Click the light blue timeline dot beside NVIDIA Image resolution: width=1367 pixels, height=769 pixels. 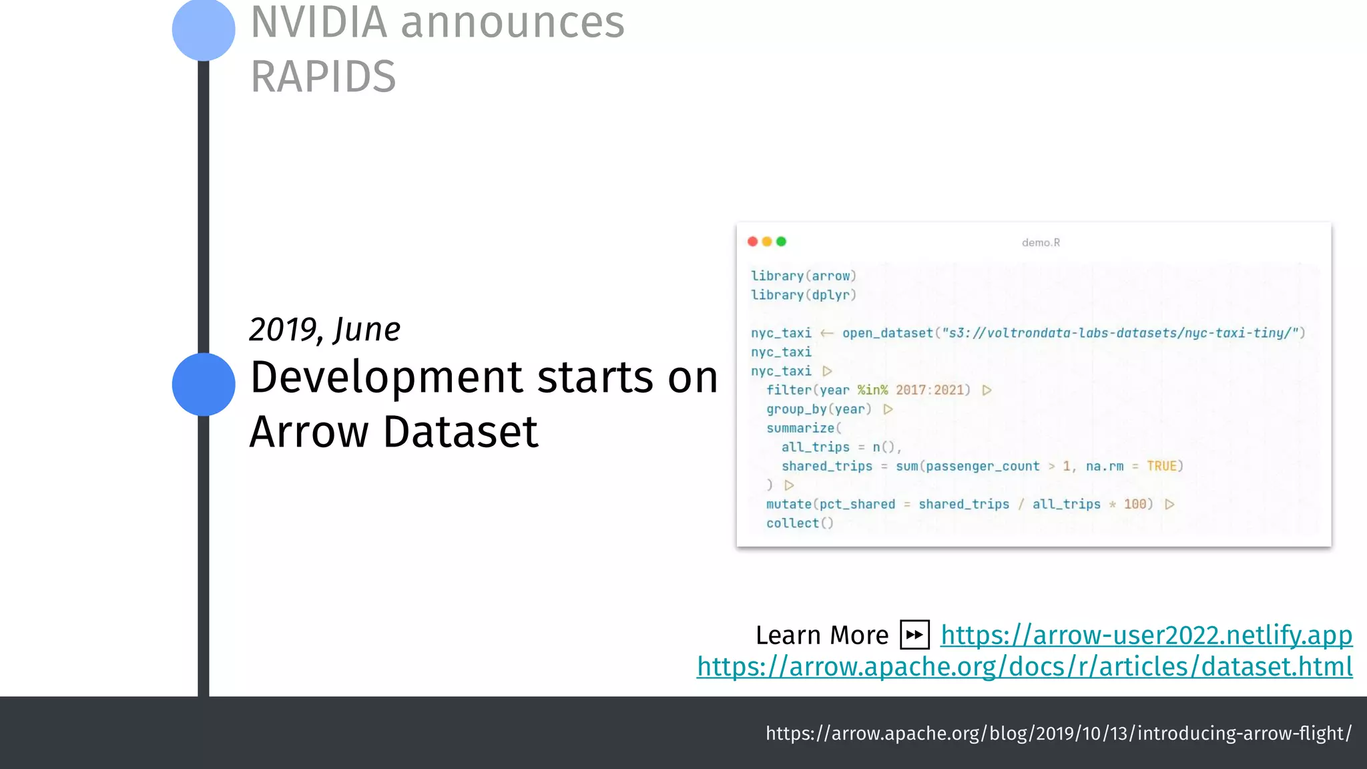pyautogui.click(x=204, y=29)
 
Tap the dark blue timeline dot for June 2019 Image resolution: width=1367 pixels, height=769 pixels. pyautogui.click(x=204, y=384)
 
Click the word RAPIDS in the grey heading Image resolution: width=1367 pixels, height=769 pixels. pyautogui.click(x=323, y=77)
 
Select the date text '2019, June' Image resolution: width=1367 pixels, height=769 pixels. pyautogui.click(x=324, y=329)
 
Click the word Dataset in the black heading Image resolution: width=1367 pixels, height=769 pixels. pyautogui.click(x=461, y=432)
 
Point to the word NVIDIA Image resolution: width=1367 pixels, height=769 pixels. pyautogui.click(x=319, y=23)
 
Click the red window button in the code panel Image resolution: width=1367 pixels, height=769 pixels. pyautogui.click(x=753, y=242)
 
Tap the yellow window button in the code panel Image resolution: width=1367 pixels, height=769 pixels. pyautogui.click(x=767, y=242)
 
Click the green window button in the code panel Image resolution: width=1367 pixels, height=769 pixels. pyautogui.click(x=782, y=242)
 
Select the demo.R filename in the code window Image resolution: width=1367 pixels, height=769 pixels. pyautogui.click(x=1041, y=243)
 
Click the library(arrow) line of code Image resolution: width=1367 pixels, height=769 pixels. pyautogui.click(x=803, y=276)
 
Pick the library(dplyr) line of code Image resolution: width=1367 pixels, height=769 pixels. pyautogui.click(x=803, y=295)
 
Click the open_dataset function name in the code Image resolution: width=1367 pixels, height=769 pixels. pyautogui.click(x=887, y=333)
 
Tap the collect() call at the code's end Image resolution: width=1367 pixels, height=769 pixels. pyautogui.click(x=800, y=523)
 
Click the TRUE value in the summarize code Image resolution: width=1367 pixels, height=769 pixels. pyautogui.click(x=1161, y=466)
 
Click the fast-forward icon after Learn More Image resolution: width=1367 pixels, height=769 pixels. pyautogui.click(x=914, y=635)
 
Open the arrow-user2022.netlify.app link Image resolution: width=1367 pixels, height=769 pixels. pyautogui.click(x=1146, y=635)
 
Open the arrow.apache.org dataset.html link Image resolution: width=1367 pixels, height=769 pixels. pyautogui.click(x=1025, y=667)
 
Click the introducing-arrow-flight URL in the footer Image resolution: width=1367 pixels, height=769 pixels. pyautogui.click(x=1058, y=734)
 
